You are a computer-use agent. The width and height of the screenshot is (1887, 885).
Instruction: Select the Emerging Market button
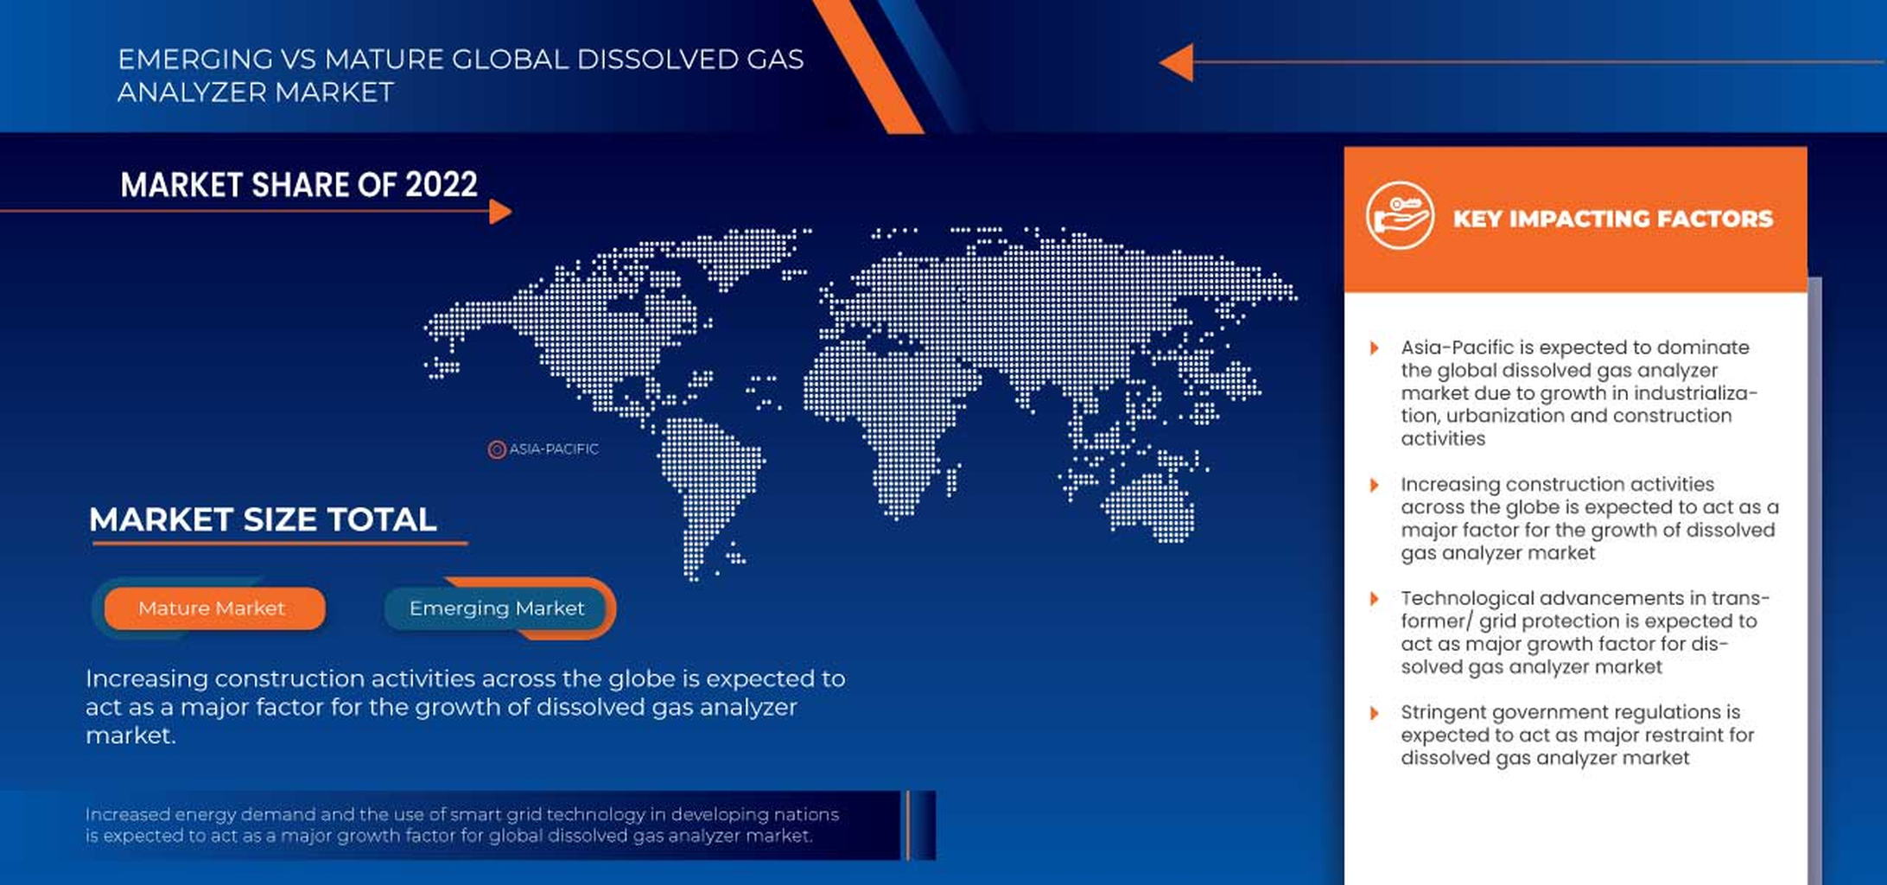(x=497, y=608)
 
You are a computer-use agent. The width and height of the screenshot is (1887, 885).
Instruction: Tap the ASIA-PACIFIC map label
(x=554, y=449)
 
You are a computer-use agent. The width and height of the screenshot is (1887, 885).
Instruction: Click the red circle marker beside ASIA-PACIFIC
(x=497, y=449)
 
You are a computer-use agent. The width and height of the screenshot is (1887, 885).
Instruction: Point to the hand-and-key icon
(x=1400, y=215)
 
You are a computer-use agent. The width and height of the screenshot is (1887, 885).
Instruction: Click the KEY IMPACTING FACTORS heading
(x=1612, y=219)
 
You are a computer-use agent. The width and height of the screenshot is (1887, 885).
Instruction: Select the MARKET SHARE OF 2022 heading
(x=299, y=184)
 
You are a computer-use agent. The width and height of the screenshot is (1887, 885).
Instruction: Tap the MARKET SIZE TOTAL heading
(x=263, y=519)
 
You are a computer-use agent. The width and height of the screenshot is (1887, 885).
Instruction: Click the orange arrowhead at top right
(x=1177, y=62)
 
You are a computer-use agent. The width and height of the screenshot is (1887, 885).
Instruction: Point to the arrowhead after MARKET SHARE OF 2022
(x=500, y=211)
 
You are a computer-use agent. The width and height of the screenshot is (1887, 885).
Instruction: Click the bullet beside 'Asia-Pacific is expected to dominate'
(x=1374, y=348)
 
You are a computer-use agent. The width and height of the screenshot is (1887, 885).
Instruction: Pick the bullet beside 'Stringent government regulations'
(x=1374, y=713)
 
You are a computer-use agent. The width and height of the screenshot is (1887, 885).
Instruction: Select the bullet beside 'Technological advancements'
(x=1374, y=599)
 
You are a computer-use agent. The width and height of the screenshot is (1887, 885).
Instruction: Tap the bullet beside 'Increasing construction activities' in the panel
(x=1374, y=485)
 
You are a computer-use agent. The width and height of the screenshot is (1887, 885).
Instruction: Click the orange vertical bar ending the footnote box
(x=907, y=825)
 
